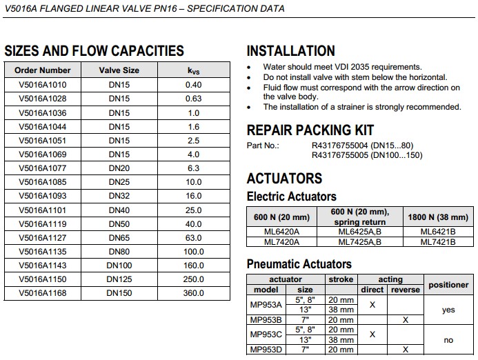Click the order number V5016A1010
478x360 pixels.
[43, 84]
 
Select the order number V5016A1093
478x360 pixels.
[43, 196]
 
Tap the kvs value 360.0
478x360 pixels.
[194, 293]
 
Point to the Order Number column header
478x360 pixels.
[43, 70]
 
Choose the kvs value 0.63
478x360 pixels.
[194, 99]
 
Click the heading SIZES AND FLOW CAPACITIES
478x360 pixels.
[94, 50]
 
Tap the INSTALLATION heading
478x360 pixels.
[290, 51]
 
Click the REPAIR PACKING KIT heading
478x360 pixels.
[310, 130]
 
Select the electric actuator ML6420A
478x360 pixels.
[282, 232]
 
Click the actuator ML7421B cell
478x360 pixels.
[438, 242]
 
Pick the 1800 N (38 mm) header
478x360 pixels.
[438, 217]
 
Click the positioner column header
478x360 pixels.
[448, 285]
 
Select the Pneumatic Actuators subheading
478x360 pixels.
[299, 264]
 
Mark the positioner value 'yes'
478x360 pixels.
[448, 310]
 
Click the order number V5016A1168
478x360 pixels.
[43, 293]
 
